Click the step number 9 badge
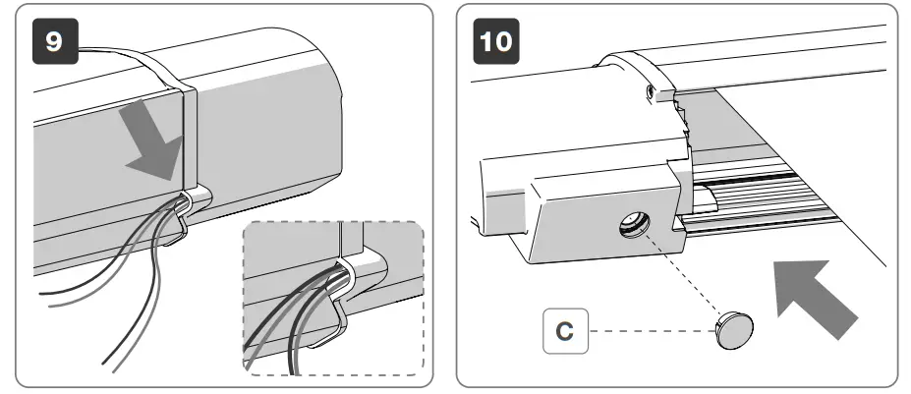(54, 44)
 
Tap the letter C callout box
(564, 331)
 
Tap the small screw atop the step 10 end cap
(651, 90)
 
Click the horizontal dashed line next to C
(649, 331)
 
